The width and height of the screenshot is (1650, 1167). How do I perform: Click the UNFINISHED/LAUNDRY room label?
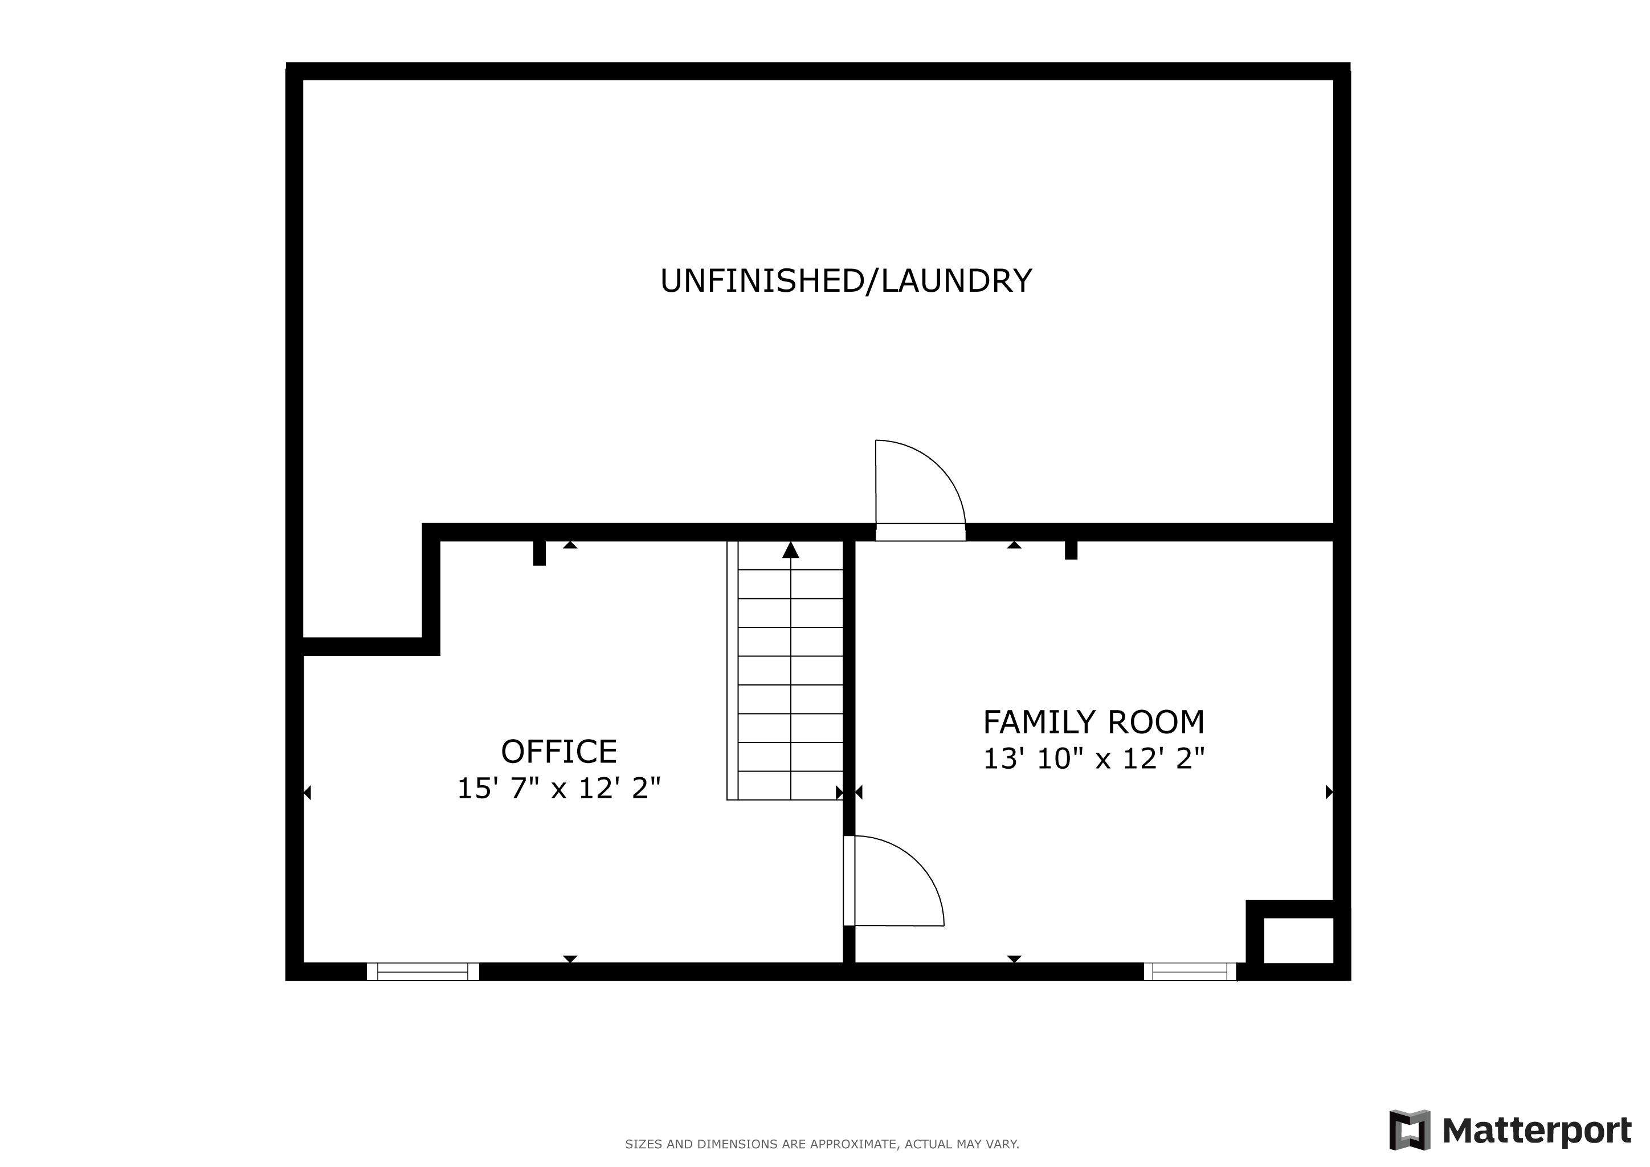846,281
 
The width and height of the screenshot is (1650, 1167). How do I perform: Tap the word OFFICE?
559,752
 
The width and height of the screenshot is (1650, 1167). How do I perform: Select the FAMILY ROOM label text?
1094,722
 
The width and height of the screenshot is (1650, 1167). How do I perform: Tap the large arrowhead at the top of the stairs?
790,550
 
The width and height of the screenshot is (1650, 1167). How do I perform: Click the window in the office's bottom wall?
423,972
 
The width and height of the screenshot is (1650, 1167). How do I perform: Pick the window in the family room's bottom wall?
1190,972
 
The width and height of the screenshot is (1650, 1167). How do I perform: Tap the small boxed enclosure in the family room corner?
1298,940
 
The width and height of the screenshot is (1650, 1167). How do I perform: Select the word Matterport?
1537,1131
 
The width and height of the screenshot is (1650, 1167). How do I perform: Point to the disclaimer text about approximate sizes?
822,1144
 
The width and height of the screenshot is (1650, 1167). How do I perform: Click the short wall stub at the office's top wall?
540,553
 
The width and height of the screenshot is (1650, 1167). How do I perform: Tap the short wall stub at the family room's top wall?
1071,550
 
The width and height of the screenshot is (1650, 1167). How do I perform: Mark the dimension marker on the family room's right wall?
1329,792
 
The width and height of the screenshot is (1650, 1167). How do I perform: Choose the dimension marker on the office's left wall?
307,793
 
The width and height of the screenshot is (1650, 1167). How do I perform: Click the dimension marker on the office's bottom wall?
570,960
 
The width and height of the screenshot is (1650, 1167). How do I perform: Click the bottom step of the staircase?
790,785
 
